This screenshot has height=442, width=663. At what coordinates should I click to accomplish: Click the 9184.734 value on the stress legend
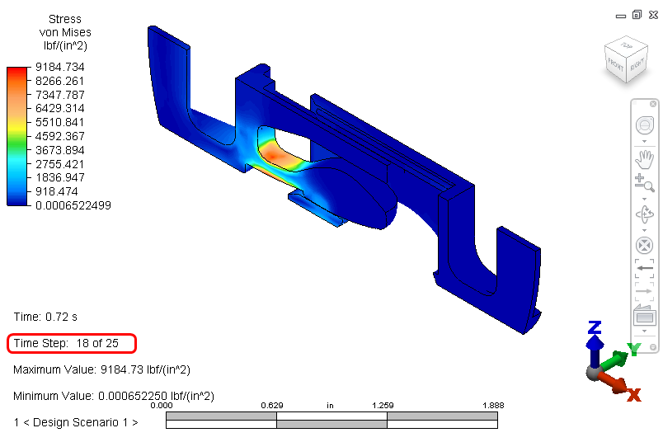(x=60, y=67)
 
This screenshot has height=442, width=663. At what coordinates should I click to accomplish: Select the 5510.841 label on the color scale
(x=60, y=122)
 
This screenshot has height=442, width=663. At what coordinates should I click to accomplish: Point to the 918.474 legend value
(x=57, y=191)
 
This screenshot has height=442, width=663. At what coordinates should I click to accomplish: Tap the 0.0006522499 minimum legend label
(x=73, y=205)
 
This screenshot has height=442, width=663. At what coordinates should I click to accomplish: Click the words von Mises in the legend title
(x=65, y=32)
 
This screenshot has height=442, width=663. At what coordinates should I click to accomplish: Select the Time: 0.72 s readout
(x=45, y=317)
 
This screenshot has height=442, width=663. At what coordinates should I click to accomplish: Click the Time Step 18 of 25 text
(x=66, y=343)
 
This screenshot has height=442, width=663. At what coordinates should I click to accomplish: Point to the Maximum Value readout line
(x=102, y=369)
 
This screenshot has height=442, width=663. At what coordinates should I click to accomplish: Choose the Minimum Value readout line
(x=114, y=396)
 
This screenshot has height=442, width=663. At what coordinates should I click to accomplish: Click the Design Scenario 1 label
(x=76, y=422)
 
